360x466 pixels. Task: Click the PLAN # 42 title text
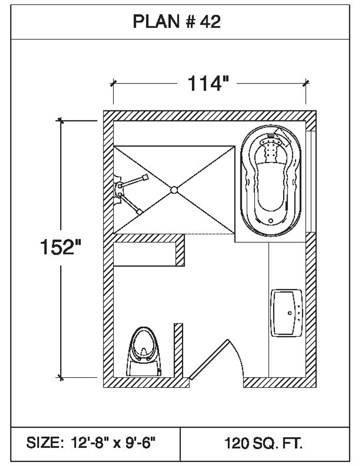[176, 22]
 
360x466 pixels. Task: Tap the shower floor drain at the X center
[174, 190]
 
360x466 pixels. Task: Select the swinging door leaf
[209, 358]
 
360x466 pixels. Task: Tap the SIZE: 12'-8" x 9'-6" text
[91, 443]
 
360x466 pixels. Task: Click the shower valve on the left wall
[119, 190]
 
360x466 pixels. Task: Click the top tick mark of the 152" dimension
[60, 120]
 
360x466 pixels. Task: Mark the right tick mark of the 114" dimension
[306, 83]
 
